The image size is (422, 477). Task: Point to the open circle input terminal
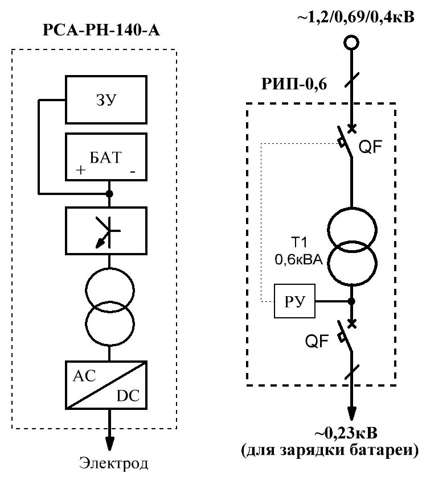coord(351,43)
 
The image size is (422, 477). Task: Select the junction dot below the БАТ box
coord(110,194)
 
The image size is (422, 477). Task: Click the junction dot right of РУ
coord(352,301)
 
